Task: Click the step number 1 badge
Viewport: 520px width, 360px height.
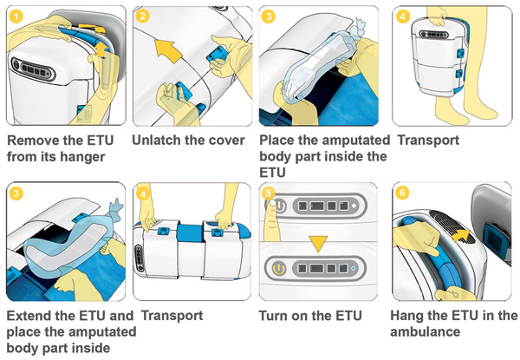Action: (x=14, y=16)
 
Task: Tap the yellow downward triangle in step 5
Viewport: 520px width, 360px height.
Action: (x=318, y=236)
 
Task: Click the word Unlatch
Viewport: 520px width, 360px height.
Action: (x=159, y=141)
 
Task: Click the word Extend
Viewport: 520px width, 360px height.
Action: (x=29, y=316)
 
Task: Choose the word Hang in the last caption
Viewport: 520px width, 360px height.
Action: (x=408, y=316)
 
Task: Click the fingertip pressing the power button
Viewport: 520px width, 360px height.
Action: (x=275, y=205)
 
